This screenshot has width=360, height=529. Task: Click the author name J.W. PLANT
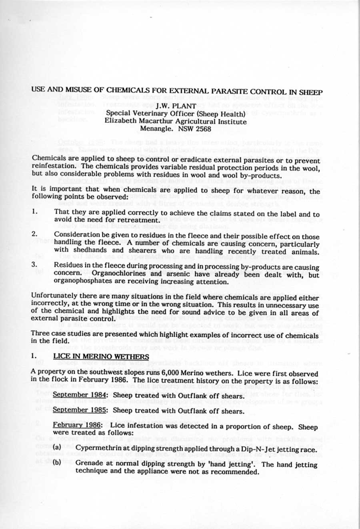click(176, 106)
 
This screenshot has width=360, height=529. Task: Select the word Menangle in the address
click(154, 129)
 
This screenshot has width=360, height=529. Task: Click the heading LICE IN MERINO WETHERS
click(101, 356)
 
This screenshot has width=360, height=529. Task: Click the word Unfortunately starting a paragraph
click(54, 297)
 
